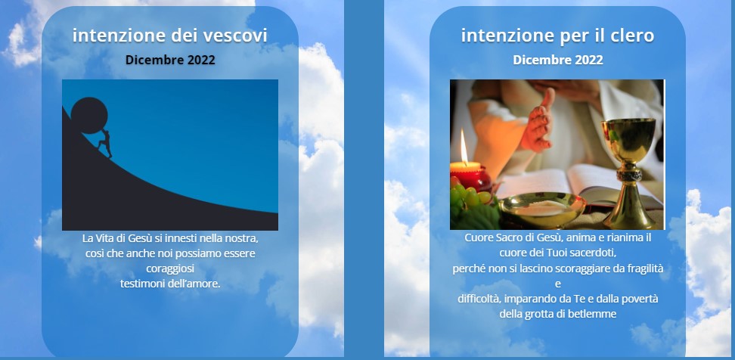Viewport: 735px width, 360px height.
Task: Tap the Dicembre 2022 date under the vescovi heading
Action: [170, 60]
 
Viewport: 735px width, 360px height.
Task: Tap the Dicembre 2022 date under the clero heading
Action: [558, 60]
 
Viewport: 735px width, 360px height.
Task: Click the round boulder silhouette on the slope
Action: [89, 115]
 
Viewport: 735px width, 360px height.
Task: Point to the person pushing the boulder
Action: [106, 143]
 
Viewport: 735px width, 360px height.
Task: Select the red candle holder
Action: [470, 177]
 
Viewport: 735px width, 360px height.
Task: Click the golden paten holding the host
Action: [542, 209]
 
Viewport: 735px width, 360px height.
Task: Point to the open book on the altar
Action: [579, 185]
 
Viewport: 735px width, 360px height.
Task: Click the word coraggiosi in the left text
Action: [170, 269]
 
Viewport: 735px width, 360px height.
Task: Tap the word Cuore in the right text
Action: [477, 237]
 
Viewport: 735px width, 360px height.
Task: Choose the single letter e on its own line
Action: [558, 284]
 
